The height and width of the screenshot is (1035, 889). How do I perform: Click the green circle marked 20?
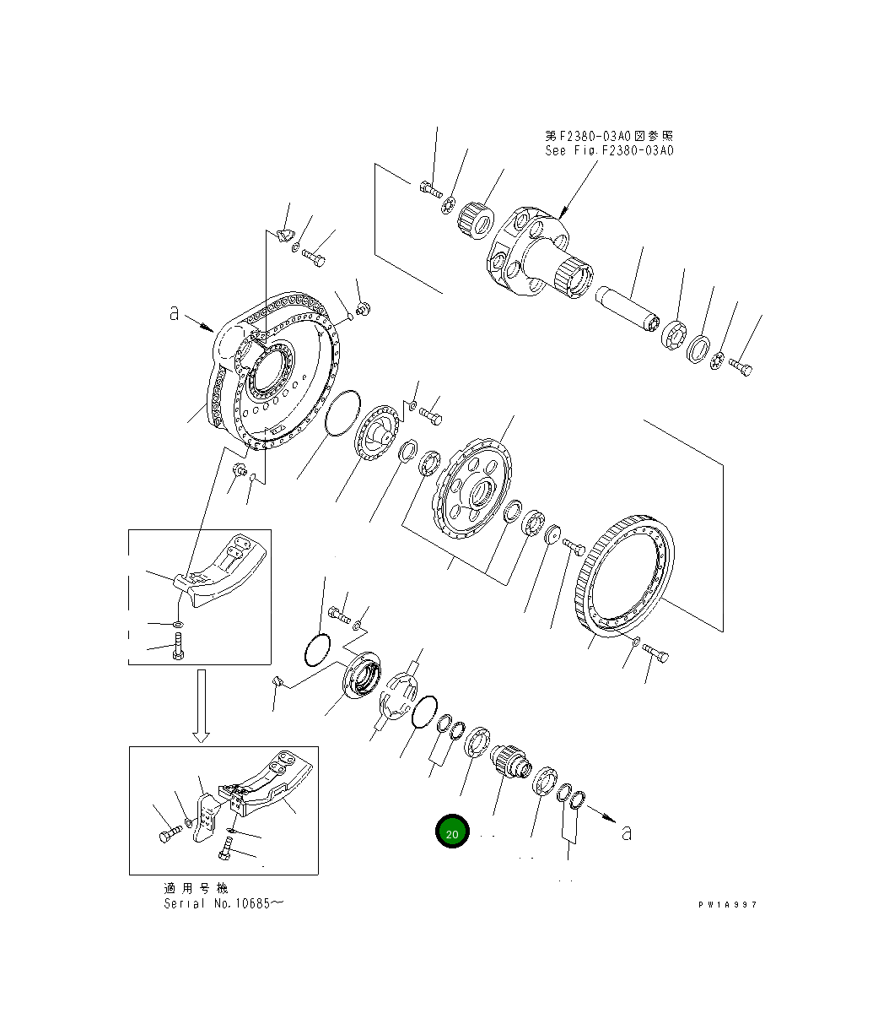pyautogui.click(x=452, y=833)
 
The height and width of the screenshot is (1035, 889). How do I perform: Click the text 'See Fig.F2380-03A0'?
pyautogui.click(x=609, y=151)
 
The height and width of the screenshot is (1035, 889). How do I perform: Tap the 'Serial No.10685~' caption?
pyautogui.click(x=224, y=903)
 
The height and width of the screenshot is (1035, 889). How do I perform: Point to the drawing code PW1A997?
pyautogui.click(x=727, y=904)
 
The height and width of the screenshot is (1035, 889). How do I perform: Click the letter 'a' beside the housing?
pyautogui.click(x=174, y=313)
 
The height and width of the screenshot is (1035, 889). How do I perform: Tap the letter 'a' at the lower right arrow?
pyautogui.click(x=626, y=832)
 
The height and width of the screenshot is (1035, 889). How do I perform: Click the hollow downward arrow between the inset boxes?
pyautogui.click(x=200, y=706)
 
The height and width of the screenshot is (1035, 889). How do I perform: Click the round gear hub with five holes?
pyautogui.click(x=477, y=491)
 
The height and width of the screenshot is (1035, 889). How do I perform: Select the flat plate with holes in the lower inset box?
pyautogui.click(x=204, y=817)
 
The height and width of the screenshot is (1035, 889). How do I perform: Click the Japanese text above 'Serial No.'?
pyautogui.click(x=196, y=888)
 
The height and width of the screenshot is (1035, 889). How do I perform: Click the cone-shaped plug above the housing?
pyautogui.click(x=284, y=235)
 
